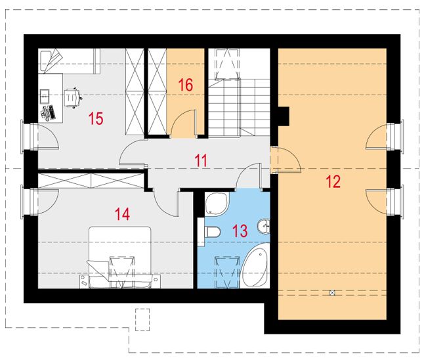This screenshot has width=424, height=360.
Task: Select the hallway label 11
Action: (200, 159)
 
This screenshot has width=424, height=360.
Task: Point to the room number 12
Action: (333, 182)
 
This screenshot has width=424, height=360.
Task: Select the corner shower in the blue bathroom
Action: (213, 204)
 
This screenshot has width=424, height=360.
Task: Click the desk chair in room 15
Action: (72, 97)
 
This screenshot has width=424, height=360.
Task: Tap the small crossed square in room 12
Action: (333, 292)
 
